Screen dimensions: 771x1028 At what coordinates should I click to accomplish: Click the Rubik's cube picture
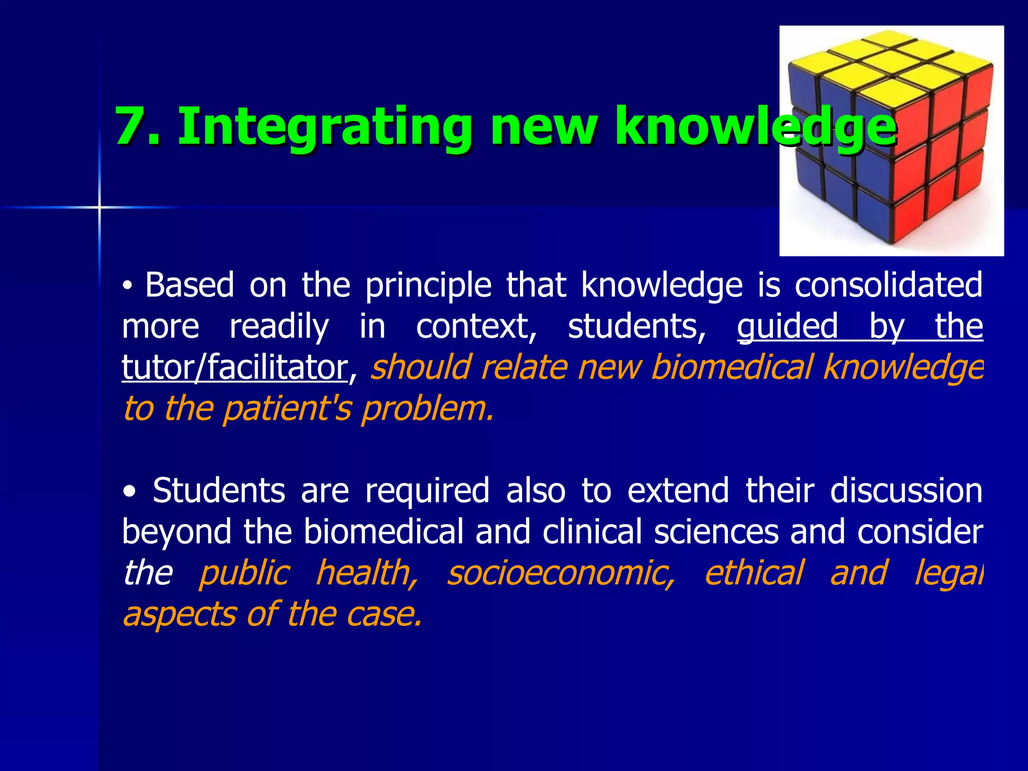pyautogui.click(x=891, y=141)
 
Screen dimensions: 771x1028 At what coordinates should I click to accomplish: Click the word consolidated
pyautogui.click(x=888, y=285)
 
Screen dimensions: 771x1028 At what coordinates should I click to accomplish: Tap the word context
pyautogui.click(x=476, y=327)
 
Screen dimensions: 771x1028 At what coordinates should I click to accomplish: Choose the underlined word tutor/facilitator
pyautogui.click(x=234, y=368)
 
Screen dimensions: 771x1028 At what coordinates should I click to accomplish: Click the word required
pyautogui.click(x=427, y=491)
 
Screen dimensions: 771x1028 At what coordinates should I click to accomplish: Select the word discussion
pyautogui.click(x=906, y=490)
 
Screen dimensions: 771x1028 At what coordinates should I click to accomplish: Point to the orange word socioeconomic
pyautogui.click(x=561, y=573)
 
